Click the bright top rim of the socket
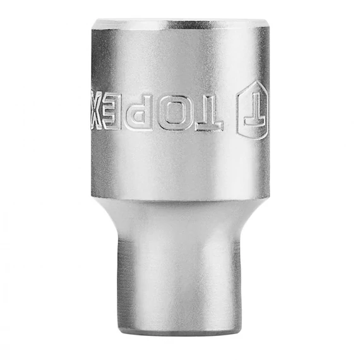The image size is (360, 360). pyautogui.click(x=180, y=24)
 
